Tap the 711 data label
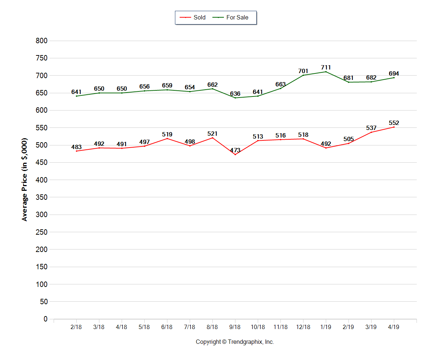[326, 67]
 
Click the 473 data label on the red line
[235, 150]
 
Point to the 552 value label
[394, 123]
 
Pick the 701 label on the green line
[303, 71]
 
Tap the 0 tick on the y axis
[45, 319]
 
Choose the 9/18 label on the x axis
[235, 327]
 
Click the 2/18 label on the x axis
[76, 327]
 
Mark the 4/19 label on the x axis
[393, 327]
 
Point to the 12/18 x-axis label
[303, 327]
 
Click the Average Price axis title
[24, 179]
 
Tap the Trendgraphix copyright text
[235, 342]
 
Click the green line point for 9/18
[235, 98]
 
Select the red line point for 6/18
[167, 139]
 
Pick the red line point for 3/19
[371, 132]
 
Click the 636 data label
[235, 94]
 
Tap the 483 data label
[76, 147]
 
